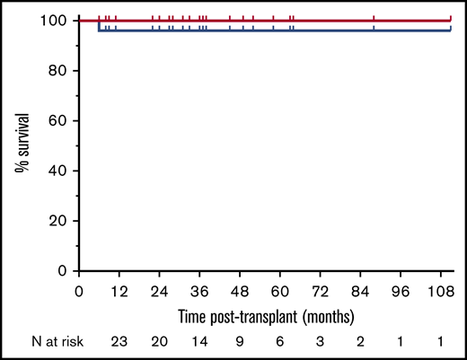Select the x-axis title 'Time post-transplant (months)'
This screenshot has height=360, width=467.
265,317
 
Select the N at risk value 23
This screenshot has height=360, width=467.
119,342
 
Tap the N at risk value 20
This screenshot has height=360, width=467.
159,342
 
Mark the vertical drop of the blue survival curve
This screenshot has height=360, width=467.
99,26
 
